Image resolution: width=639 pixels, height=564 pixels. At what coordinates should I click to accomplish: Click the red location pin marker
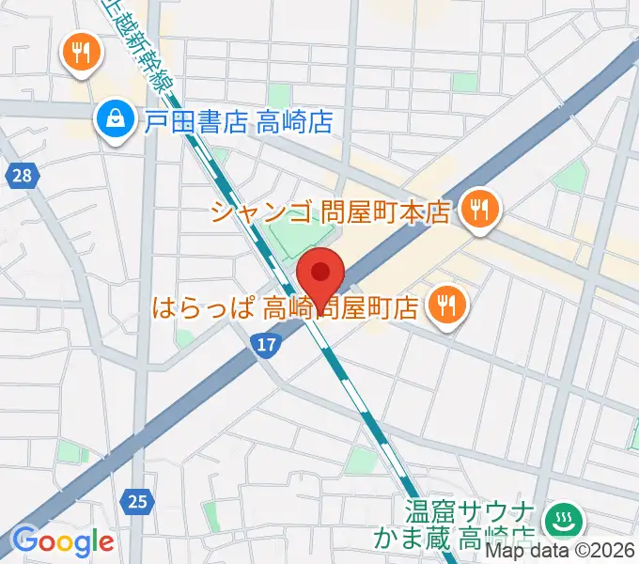point(320,274)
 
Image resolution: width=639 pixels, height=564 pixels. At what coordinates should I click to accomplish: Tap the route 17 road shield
point(267,346)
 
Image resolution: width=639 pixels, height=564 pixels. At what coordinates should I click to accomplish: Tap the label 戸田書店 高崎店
point(240,120)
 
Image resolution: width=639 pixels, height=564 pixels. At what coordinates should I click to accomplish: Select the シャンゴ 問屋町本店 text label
point(331,212)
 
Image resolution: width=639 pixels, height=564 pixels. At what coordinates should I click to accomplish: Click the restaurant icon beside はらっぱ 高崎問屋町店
point(444,305)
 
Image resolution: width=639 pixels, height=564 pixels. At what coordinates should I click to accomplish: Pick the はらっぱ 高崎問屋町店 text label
point(286,305)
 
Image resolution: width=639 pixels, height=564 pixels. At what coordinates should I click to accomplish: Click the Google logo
point(62,540)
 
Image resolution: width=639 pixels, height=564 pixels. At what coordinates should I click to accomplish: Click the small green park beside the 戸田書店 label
point(278,95)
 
